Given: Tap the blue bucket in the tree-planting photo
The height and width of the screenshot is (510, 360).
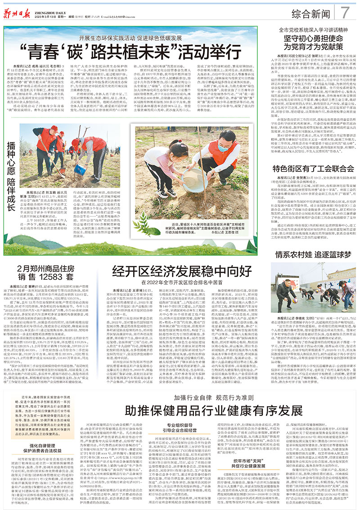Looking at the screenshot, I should (80, 170).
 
